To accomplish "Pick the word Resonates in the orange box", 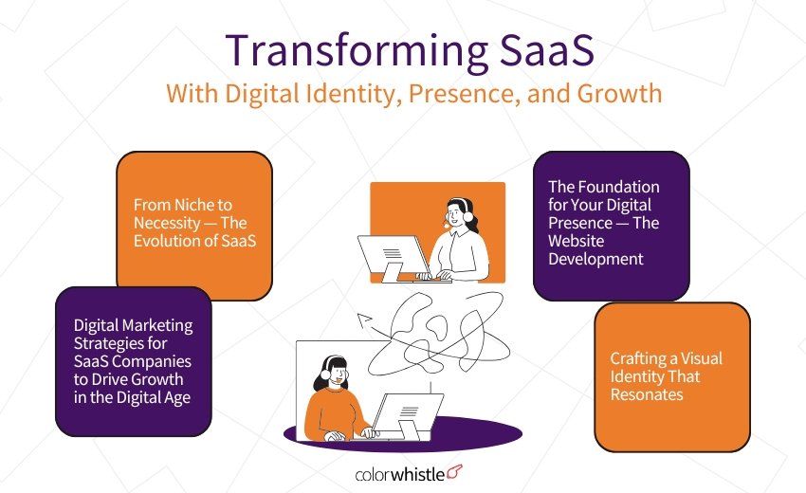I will (x=647, y=393).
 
